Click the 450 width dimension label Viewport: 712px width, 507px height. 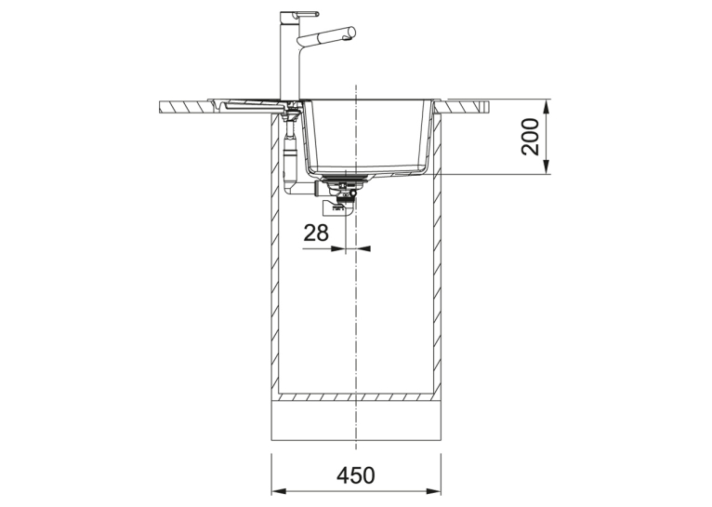tap(356, 475)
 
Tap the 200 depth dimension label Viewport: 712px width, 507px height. tap(530, 137)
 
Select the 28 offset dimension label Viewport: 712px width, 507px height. tap(316, 233)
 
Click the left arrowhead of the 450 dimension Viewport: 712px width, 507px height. tap(278, 491)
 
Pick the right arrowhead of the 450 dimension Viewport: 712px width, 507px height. tap(434, 491)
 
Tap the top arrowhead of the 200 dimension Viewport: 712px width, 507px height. tap(547, 106)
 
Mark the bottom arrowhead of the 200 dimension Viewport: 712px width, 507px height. tap(547, 167)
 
